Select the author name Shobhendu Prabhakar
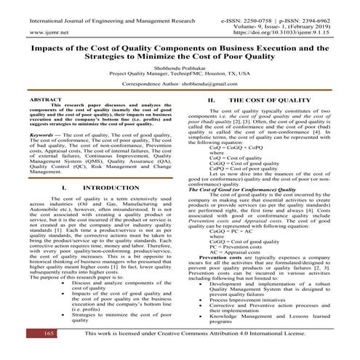point(180,66)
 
